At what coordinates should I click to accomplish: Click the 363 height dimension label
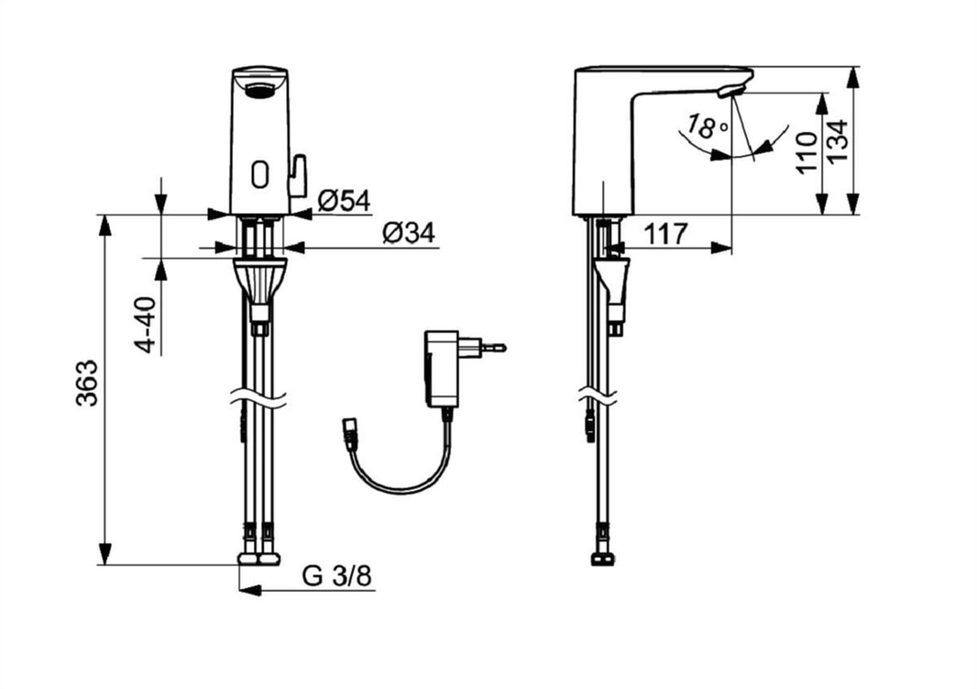pos(87,383)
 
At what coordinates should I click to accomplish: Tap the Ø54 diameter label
pos(344,201)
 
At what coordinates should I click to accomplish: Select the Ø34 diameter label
pos(410,233)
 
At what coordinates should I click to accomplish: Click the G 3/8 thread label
pos(337,576)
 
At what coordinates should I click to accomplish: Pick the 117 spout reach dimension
pos(664,234)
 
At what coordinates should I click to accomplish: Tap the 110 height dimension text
pos(808,153)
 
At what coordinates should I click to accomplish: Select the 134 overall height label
pos(840,141)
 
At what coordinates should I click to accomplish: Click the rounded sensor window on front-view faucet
pos(259,174)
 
